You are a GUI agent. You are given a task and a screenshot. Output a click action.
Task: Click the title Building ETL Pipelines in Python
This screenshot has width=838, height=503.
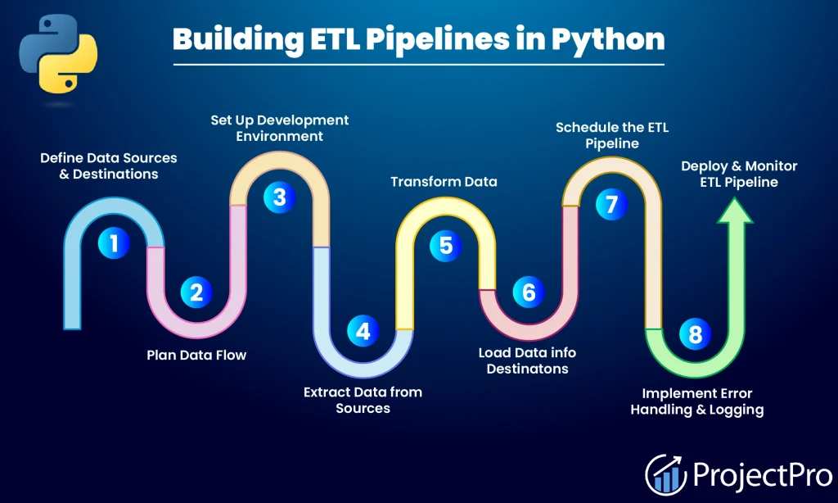418,39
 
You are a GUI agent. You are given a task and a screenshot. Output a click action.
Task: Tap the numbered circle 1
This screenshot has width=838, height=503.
114,242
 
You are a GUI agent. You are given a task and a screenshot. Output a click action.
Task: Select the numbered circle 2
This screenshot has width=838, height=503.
196,292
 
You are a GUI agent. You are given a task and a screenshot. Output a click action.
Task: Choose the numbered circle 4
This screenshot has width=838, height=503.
363,331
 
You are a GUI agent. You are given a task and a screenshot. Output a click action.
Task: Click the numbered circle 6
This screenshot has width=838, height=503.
529,292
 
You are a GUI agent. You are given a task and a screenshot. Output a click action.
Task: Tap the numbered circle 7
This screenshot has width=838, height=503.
611,203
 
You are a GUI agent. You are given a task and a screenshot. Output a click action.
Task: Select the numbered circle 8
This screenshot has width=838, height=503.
695,333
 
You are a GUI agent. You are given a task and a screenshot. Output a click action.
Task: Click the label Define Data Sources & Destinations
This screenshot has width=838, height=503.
108,165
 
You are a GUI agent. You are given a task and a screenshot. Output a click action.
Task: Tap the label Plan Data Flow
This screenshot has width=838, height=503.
196,355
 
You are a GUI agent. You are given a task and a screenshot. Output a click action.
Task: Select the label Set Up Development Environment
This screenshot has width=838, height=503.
280,128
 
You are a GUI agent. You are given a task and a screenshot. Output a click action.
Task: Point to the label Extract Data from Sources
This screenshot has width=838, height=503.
363,400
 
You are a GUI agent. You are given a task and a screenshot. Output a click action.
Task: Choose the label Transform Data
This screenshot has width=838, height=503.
444,181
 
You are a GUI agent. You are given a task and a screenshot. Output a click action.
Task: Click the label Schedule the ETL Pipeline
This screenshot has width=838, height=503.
611,135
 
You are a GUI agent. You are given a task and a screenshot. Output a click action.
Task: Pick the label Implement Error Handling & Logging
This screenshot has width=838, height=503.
696,401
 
